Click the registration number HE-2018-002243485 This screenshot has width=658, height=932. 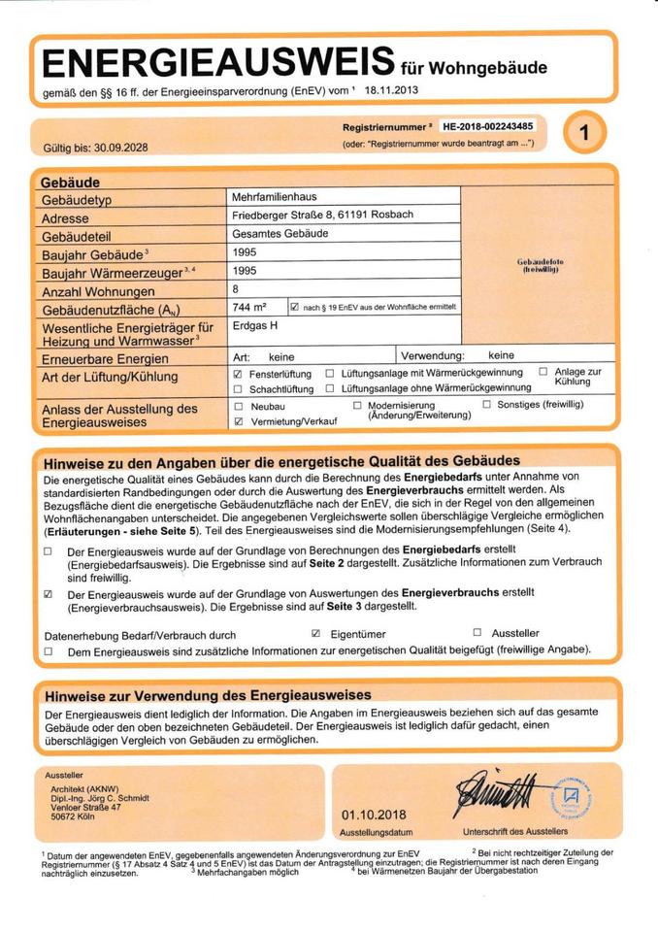[x=487, y=126]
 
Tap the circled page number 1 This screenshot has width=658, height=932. [x=583, y=134]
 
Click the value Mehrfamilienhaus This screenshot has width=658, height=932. [x=275, y=197]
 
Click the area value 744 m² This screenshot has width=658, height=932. [x=250, y=307]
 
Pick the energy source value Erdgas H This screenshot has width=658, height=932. [x=255, y=326]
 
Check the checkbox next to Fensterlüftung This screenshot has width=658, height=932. [x=238, y=374]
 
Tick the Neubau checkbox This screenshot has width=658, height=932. [x=238, y=406]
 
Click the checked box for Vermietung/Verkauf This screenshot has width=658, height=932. [x=238, y=422]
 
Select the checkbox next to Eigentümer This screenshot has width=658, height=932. [x=316, y=633]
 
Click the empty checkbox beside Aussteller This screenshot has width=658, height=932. [x=477, y=633]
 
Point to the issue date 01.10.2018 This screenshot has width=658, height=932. [x=374, y=815]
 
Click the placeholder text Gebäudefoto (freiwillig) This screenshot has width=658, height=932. [x=541, y=265]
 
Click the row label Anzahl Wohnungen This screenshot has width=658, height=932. [x=98, y=291]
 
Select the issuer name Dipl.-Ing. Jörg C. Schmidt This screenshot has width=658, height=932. [x=100, y=798]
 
